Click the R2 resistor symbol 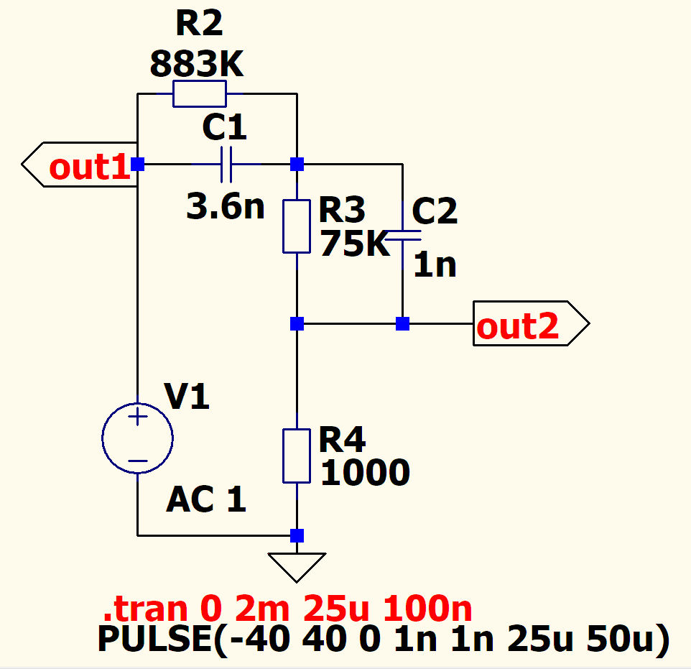pyautogui.click(x=200, y=93)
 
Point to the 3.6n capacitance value pyautogui.click(x=225, y=208)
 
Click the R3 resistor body pyautogui.click(x=297, y=226)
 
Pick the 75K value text pyautogui.click(x=354, y=244)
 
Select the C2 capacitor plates pyautogui.click(x=403, y=235)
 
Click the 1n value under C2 pyautogui.click(x=435, y=265)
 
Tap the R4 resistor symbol pyautogui.click(x=297, y=456)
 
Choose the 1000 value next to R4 pyautogui.click(x=365, y=473)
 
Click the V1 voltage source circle pyautogui.click(x=137, y=438)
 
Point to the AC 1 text pyautogui.click(x=206, y=500)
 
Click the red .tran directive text pyautogui.click(x=287, y=610)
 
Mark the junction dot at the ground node pyautogui.click(x=297, y=535)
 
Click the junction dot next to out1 pyautogui.click(x=137, y=165)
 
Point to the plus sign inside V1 pyautogui.click(x=137, y=416)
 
